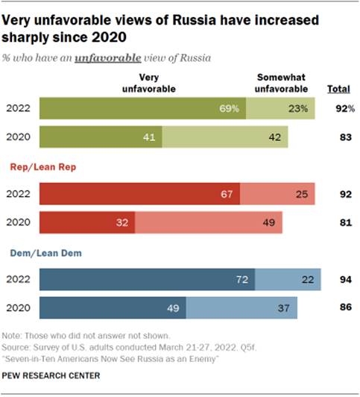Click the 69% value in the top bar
228,109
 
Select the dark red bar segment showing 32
86,223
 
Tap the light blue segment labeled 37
241,308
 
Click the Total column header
338,90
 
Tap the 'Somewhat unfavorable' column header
283,83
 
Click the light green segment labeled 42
230,138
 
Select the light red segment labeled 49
209,223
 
